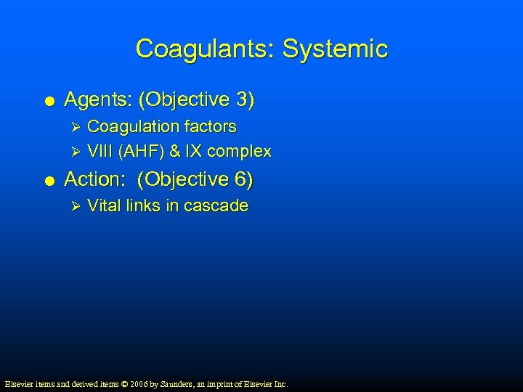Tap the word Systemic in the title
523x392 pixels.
[x=335, y=49]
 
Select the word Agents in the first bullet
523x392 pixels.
[x=95, y=99]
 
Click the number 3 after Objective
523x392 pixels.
[x=243, y=99]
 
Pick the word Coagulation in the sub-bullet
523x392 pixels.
[x=133, y=126]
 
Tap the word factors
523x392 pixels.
[x=210, y=126]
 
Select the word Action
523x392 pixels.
[x=94, y=179]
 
